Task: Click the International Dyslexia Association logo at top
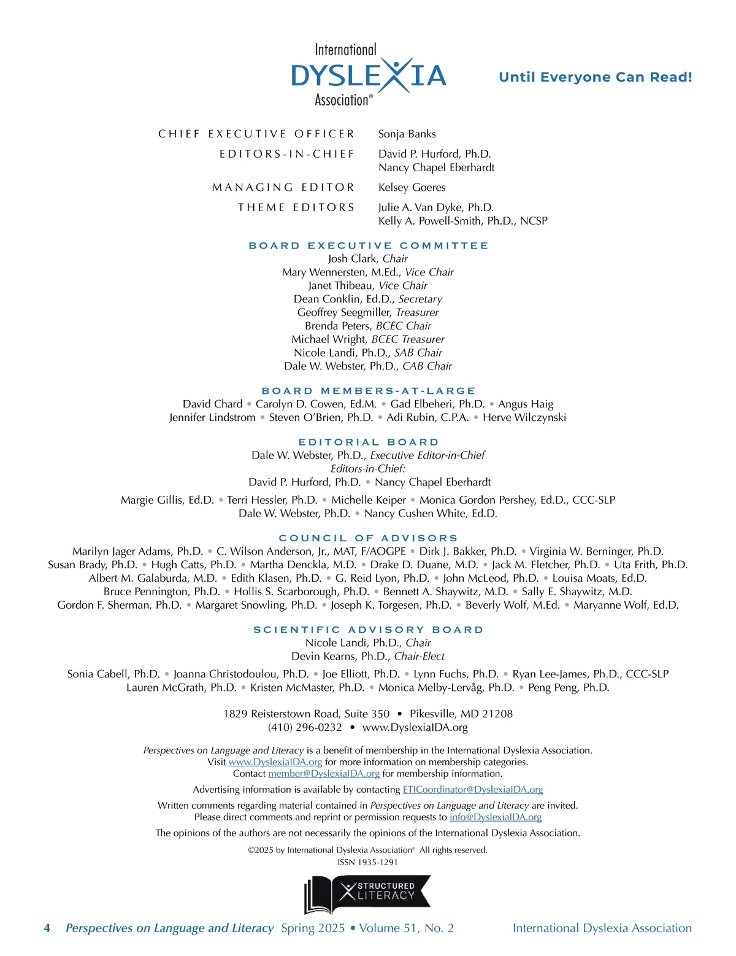pos(368,75)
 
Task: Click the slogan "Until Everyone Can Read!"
pos(595,77)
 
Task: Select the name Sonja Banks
pos(407,134)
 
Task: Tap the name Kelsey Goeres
pos(412,187)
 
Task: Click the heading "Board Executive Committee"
pos(368,245)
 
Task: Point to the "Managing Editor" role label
pos(283,187)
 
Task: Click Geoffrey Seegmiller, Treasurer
pos(368,312)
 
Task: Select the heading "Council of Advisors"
pos(368,538)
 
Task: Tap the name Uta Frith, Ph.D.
pos(650,565)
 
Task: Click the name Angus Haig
pos(526,404)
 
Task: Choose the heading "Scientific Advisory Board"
pos(368,630)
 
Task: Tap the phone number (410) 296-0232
pos(305,727)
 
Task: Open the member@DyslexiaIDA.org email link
pos(324,774)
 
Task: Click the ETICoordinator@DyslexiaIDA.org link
pos(472,790)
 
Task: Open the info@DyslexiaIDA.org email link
pos(496,817)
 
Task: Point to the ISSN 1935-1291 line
pos(367,862)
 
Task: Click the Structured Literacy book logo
pos(367,894)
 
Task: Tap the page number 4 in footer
pos(47,928)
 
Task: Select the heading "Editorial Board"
pos(368,442)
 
